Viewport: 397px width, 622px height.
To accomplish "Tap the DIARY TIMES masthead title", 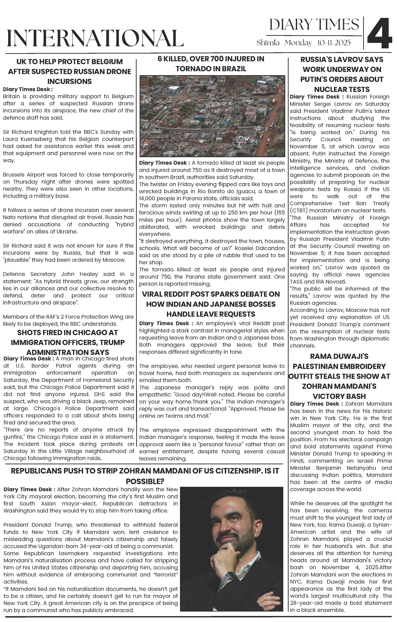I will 314,25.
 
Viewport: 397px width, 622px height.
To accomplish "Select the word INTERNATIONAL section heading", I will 95,38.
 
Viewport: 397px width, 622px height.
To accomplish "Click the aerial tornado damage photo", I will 212,116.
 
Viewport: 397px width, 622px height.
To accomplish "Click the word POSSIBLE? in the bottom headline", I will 145,481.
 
